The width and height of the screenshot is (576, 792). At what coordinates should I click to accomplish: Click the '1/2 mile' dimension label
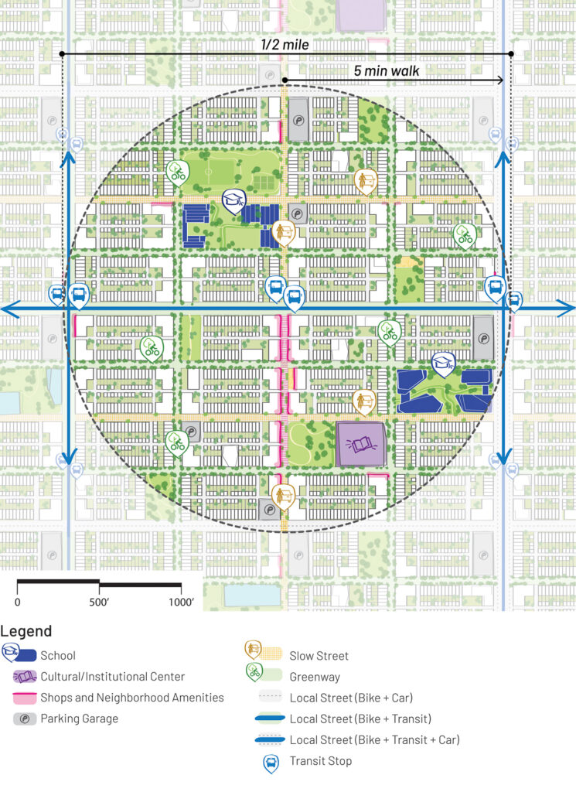tap(285, 45)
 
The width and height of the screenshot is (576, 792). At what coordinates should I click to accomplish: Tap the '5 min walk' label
tap(387, 71)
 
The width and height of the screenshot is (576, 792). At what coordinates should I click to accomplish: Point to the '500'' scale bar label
tap(99, 601)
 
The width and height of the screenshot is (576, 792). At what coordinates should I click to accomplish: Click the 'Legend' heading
tap(26, 631)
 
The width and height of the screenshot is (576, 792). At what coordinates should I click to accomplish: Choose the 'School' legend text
tap(58, 656)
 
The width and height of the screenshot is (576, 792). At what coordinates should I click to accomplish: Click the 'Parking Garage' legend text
tap(80, 719)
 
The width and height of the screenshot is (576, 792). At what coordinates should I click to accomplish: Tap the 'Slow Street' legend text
tap(319, 656)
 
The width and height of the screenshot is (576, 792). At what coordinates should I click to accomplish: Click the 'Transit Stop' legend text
tap(320, 761)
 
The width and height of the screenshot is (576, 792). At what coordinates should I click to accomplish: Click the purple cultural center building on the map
tap(360, 444)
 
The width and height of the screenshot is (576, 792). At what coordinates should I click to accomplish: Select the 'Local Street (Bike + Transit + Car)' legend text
tap(374, 740)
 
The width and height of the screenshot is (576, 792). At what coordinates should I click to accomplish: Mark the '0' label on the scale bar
tap(17, 601)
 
